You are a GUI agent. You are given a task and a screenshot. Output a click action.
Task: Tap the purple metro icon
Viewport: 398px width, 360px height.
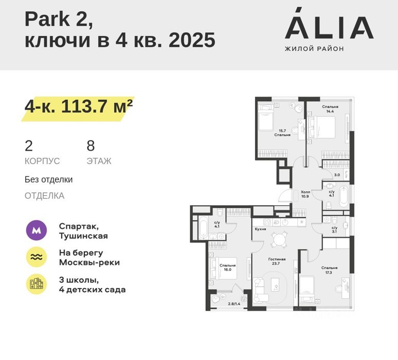37,230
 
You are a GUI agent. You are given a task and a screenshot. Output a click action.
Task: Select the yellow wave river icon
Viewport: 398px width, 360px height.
37,257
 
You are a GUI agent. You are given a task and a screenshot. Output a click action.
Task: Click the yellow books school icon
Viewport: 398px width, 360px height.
37,284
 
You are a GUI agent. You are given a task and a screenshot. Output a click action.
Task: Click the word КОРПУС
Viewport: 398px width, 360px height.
42,161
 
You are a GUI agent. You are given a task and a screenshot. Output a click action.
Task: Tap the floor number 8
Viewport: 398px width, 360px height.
91,146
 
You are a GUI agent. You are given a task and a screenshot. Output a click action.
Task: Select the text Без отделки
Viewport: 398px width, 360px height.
48,179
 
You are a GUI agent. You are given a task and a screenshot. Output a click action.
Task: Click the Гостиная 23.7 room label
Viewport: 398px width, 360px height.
277,261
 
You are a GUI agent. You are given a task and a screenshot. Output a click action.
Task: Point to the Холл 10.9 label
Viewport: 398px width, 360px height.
305,194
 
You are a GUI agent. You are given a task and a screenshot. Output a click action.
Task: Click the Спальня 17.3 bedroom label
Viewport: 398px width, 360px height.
329,270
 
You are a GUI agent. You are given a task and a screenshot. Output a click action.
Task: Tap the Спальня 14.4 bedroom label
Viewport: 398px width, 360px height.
330,109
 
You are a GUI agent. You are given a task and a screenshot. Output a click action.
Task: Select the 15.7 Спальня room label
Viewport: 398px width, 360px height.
282,133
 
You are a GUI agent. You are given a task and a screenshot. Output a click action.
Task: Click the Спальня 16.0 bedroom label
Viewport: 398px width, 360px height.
227,267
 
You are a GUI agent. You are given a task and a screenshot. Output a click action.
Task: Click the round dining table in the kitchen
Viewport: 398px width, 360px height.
279,240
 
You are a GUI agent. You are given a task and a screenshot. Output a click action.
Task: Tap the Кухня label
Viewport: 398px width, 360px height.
260,229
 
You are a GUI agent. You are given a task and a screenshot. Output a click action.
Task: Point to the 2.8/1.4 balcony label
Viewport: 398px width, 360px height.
234,303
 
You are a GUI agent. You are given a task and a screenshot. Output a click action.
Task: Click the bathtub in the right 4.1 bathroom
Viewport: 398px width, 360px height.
343,196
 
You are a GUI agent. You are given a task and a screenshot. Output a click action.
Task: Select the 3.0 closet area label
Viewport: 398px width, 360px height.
337,175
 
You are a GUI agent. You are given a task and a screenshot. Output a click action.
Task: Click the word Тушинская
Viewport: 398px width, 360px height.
83,236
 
